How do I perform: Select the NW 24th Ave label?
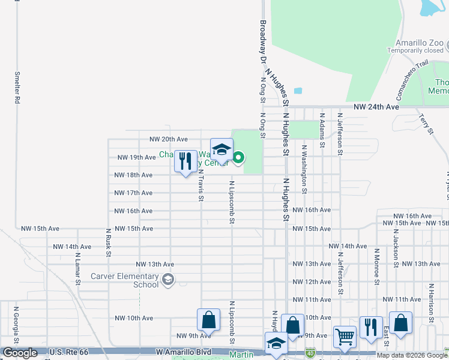click(376, 106)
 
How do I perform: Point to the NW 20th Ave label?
click(169, 139)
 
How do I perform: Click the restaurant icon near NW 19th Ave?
click(185, 161)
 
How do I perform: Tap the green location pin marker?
click(238, 158)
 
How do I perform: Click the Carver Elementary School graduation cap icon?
click(169, 279)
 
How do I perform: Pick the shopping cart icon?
click(344, 337)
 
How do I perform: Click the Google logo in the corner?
click(20, 353)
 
